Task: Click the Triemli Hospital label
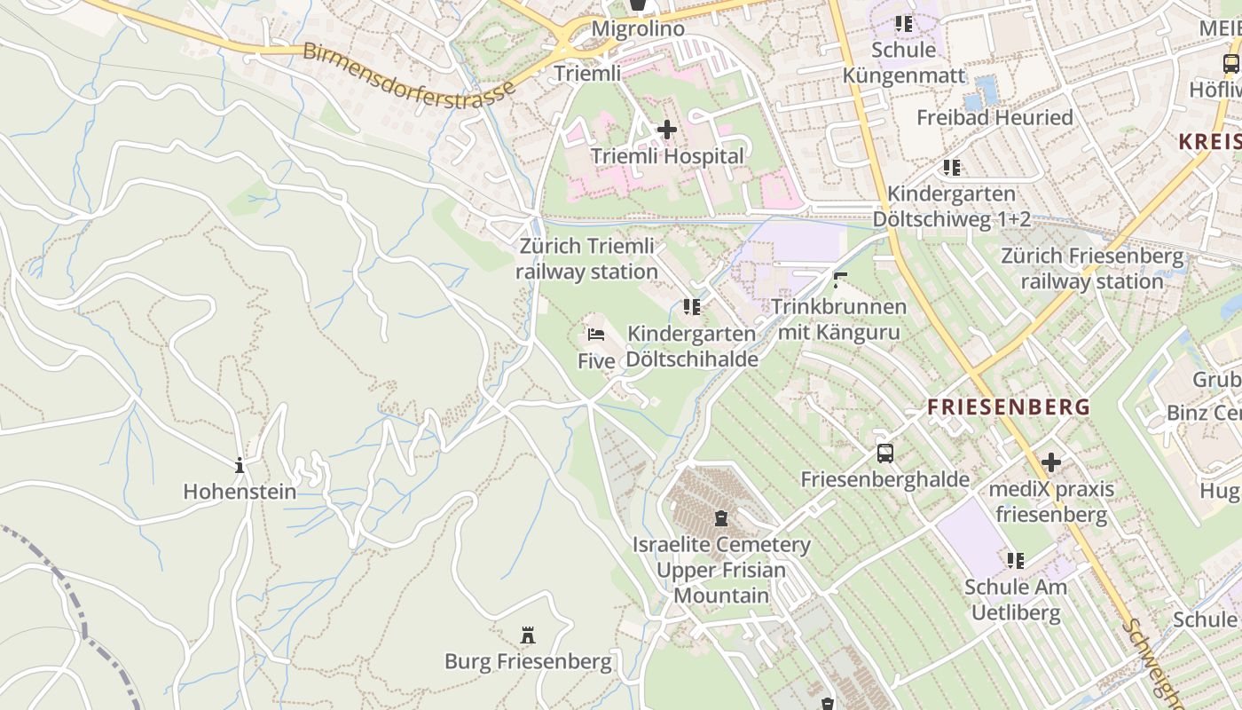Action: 668,156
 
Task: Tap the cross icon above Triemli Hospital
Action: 666,130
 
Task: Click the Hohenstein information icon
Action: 239,465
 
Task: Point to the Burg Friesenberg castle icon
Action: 528,635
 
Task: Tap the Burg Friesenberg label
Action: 528,661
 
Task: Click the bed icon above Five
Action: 596,335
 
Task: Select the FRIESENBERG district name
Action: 1009,407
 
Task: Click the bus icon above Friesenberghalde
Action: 884,454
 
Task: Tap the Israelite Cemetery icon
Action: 721,517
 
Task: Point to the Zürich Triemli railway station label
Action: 587,258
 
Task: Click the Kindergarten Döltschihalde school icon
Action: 692,307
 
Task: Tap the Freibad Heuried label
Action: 994,117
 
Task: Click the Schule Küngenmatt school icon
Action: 903,24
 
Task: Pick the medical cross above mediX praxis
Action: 1051,462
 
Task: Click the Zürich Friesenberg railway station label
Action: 1092,269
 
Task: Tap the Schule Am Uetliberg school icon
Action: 1016,560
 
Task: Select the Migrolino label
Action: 638,28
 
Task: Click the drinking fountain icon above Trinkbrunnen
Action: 839,280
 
